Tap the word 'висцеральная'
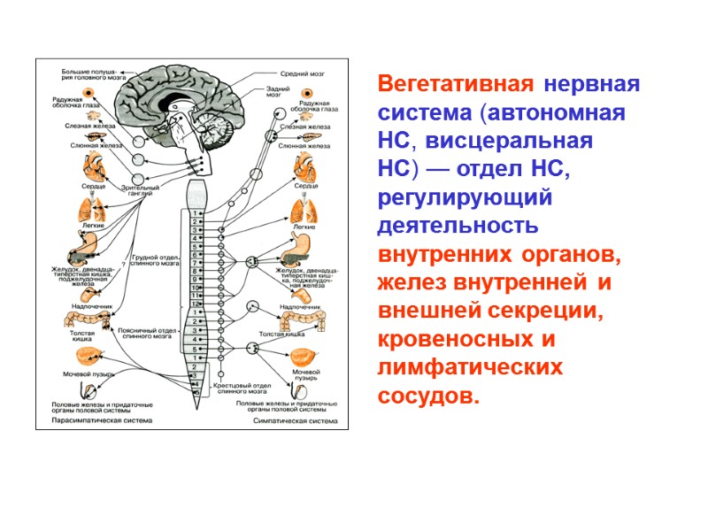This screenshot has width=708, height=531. (x=517, y=142)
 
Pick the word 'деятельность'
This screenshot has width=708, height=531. (x=458, y=226)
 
